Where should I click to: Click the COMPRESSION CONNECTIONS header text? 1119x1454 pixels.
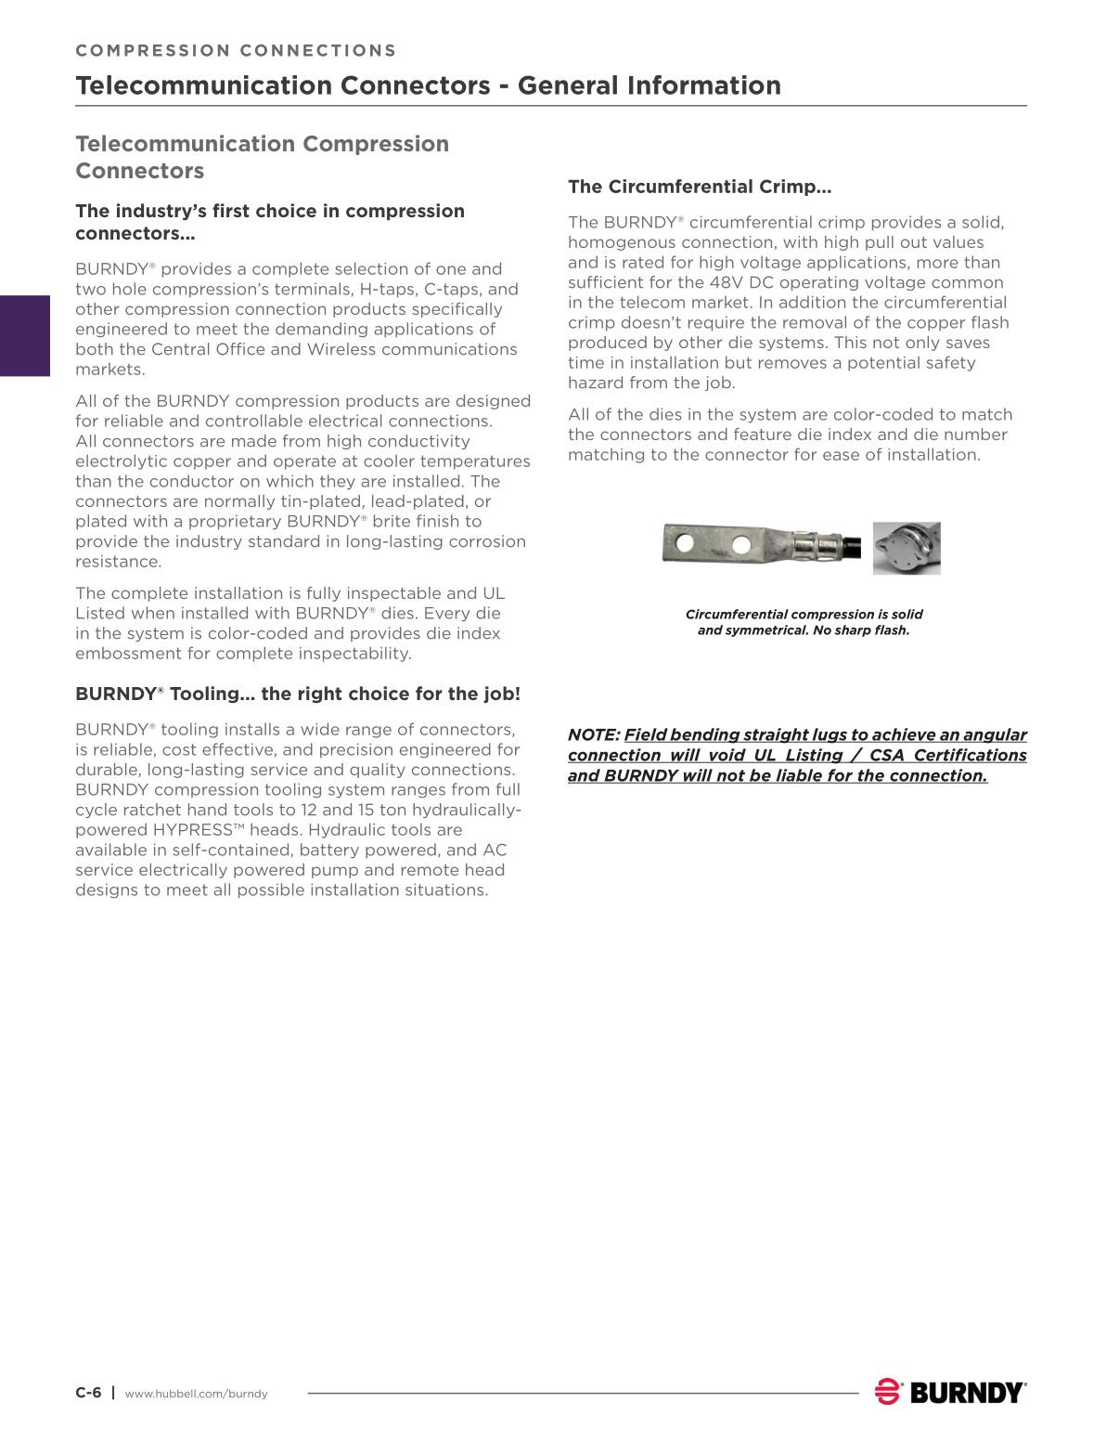236,51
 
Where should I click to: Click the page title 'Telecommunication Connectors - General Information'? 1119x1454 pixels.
428,85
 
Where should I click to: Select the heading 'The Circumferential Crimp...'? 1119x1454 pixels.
700,187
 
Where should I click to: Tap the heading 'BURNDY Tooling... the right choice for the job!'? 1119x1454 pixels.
298,694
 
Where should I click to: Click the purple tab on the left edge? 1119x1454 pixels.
24,335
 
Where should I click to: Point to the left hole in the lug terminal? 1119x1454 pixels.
685,541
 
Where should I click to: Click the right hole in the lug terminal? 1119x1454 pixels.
741,544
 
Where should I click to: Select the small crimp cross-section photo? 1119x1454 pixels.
907,548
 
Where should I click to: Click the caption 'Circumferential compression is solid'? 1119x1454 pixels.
804,614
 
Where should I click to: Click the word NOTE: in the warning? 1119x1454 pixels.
594,735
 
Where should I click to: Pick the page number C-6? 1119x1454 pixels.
88,1393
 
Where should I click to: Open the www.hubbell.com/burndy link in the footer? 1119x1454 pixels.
196,1394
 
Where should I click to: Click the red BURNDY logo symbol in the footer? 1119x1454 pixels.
888,1392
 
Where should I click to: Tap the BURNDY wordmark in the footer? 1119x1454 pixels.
968,1393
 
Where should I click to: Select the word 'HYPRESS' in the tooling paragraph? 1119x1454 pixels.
192,830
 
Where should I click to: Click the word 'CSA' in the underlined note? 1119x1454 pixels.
886,756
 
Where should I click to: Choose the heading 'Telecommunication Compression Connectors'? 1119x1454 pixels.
262,157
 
